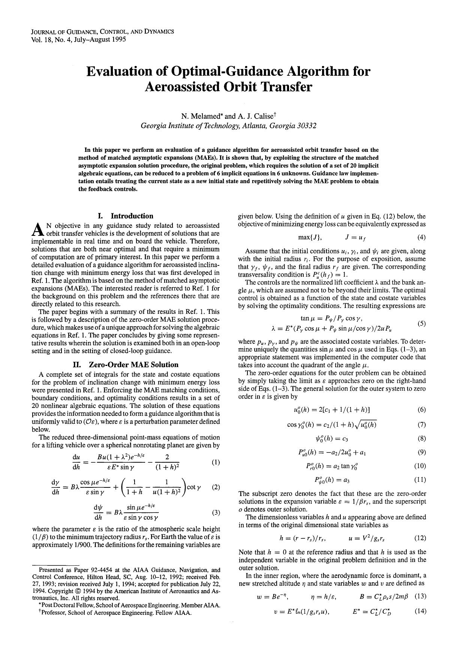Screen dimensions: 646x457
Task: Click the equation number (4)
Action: click(x=421, y=237)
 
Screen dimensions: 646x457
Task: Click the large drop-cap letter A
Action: click(x=37, y=229)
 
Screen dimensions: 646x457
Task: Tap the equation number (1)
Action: click(x=216, y=462)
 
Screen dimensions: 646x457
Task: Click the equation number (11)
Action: click(x=420, y=480)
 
